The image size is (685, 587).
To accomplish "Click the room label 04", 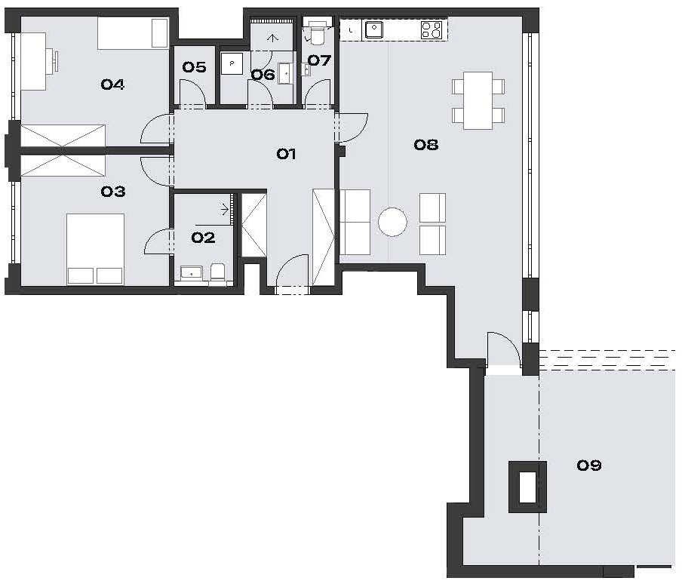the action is tap(112, 84).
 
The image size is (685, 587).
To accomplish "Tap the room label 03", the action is tap(113, 192).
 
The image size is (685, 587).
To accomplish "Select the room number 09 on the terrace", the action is tap(589, 465).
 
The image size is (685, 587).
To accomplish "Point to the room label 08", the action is tap(426, 145).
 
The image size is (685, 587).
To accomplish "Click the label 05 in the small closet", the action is tap(194, 67).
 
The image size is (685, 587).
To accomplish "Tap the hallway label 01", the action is tap(286, 154).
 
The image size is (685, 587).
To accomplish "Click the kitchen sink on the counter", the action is tap(374, 29).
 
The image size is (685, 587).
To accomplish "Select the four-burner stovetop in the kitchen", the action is tap(432, 30).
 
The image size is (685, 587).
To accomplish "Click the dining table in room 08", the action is tap(478, 101).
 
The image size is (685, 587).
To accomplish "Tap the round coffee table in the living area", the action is tap(392, 222).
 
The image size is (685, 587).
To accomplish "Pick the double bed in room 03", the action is tap(95, 250).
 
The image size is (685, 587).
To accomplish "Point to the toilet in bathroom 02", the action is tap(217, 272).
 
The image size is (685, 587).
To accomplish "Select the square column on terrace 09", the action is tap(528, 487).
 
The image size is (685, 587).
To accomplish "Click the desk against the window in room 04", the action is tap(34, 61).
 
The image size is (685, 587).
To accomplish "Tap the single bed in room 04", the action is tap(133, 33).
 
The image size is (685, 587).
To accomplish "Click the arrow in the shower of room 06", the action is tap(272, 38).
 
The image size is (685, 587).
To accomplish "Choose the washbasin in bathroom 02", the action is tap(191, 273).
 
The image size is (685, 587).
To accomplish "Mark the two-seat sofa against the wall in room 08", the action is tap(355, 222).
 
